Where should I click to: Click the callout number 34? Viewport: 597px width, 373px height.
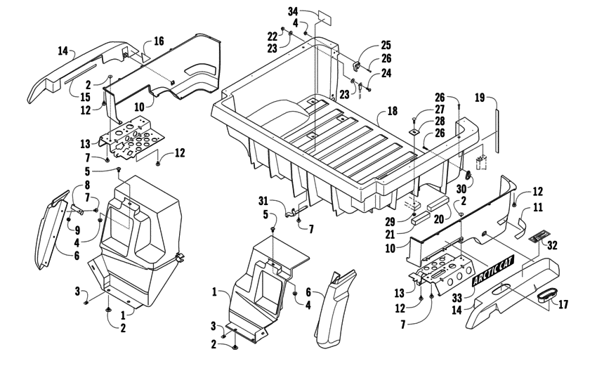pos(291,11)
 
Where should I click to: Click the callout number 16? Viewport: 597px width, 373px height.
pos(159,41)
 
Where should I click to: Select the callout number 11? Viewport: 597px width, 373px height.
pos(537,208)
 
